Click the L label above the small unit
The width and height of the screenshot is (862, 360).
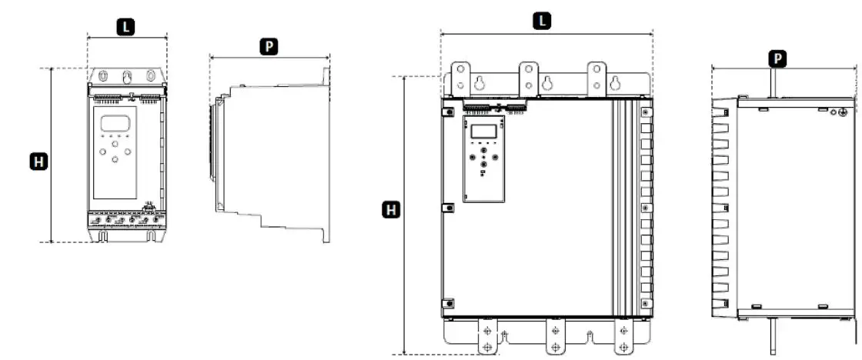(126, 26)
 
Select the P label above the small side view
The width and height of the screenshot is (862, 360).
(268, 46)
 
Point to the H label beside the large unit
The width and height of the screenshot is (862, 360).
(392, 209)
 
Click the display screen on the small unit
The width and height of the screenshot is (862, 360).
(115, 123)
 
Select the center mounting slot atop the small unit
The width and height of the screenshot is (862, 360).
(128, 77)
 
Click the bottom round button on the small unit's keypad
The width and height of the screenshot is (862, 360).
(115, 159)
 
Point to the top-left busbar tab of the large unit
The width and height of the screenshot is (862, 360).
(460, 78)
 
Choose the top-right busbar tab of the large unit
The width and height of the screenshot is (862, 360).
(596, 78)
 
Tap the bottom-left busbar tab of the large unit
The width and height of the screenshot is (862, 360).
(486, 336)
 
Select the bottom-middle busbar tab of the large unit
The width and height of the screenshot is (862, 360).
(555, 336)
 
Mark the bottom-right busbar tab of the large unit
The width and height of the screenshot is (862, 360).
(623, 336)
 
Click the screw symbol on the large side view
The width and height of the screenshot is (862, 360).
(843, 113)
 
